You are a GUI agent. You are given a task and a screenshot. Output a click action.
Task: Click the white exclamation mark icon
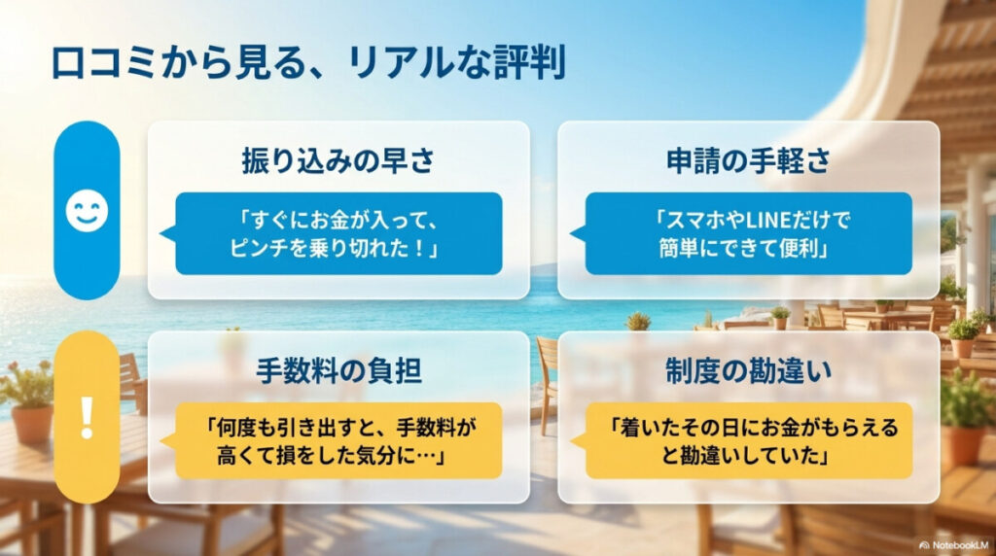click(88, 416)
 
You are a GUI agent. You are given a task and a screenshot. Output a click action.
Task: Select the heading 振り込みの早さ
click(338, 161)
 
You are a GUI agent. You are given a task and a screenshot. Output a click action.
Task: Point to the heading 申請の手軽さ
click(748, 161)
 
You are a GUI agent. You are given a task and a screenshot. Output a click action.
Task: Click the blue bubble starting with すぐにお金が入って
click(338, 234)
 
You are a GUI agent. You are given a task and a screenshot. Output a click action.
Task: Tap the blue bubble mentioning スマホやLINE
click(748, 234)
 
